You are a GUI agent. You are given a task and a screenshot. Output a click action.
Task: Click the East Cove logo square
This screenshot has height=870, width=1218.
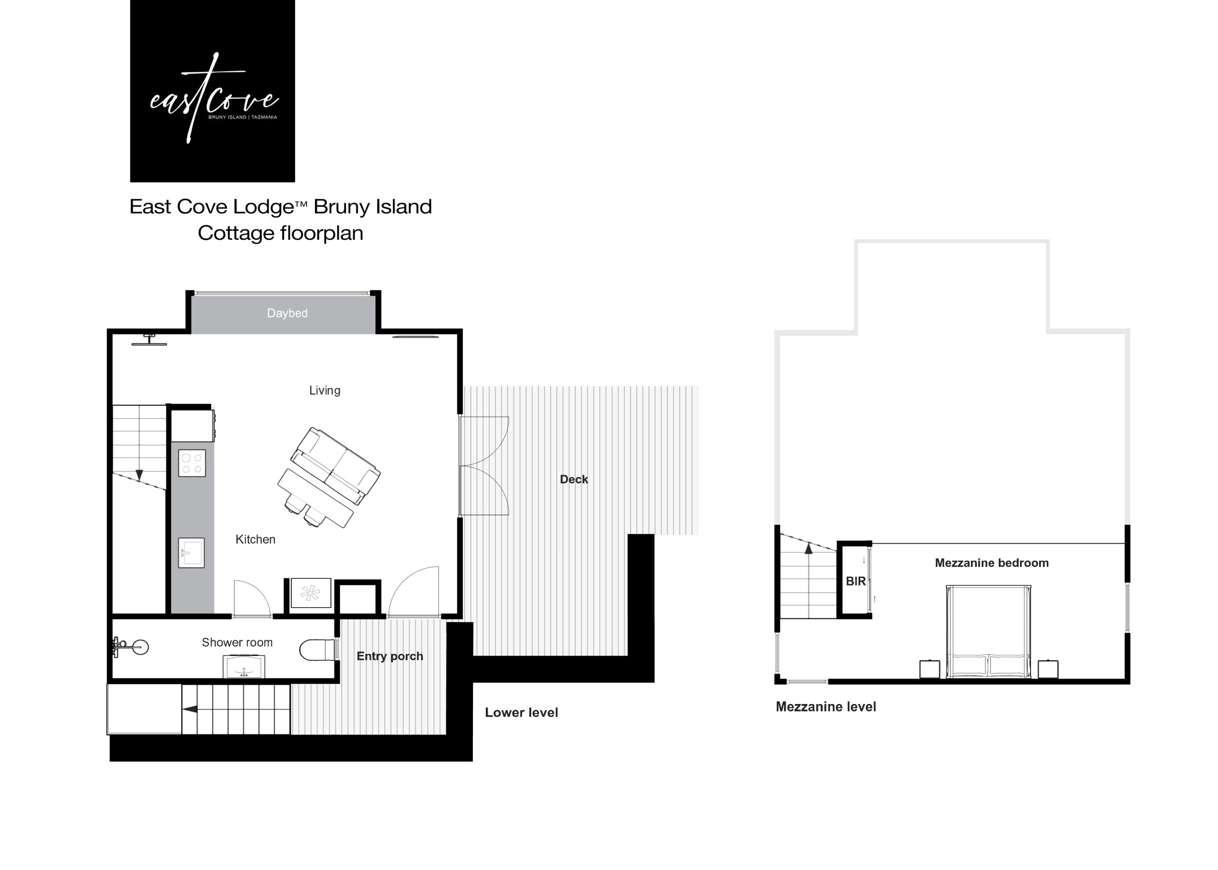pyautogui.click(x=212, y=90)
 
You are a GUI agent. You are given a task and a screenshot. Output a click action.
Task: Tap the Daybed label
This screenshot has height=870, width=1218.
pyautogui.click(x=287, y=313)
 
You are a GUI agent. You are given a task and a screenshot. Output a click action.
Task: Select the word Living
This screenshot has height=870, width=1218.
pyautogui.click(x=325, y=391)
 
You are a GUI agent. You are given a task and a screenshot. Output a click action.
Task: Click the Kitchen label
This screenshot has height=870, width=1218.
pyautogui.click(x=255, y=539)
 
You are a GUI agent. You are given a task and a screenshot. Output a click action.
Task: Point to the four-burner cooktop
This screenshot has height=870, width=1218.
pyautogui.click(x=192, y=463)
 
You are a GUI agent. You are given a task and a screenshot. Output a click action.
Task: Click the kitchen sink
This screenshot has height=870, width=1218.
pyautogui.click(x=191, y=552)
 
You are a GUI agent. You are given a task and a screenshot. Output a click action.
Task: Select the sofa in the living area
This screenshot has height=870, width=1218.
pyautogui.click(x=335, y=466)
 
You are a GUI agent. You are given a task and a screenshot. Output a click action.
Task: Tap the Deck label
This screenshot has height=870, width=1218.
pyautogui.click(x=574, y=479)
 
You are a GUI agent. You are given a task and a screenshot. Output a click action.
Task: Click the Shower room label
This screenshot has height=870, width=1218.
pyautogui.click(x=237, y=642)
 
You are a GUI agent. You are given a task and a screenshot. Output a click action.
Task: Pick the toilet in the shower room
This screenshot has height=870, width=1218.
pyautogui.click(x=317, y=650)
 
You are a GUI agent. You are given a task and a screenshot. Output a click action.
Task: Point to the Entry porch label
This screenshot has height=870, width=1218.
pyautogui.click(x=390, y=656)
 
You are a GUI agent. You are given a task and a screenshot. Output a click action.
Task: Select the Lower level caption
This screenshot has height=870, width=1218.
pyautogui.click(x=521, y=713)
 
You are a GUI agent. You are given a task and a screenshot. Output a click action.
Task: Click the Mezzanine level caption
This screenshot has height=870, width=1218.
pyautogui.click(x=826, y=706)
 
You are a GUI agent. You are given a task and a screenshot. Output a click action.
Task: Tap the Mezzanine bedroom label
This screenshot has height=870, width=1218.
pyautogui.click(x=992, y=563)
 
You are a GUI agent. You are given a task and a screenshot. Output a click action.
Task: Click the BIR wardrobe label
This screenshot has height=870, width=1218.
pyautogui.click(x=856, y=581)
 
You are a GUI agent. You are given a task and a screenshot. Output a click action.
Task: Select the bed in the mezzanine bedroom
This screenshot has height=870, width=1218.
pyautogui.click(x=989, y=632)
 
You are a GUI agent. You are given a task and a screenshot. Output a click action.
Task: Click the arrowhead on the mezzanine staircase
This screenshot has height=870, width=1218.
pyautogui.click(x=809, y=547)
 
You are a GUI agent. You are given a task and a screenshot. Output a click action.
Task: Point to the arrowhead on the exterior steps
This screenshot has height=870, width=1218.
pyautogui.click(x=190, y=709)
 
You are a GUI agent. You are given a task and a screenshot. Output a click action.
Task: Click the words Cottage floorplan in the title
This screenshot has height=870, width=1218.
pyautogui.click(x=280, y=233)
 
